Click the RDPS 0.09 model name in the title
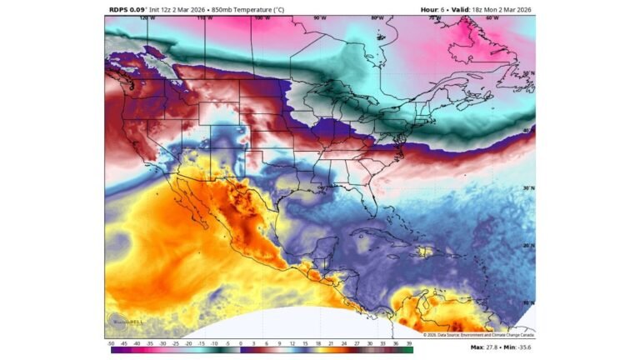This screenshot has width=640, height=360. click(x=127, y=9)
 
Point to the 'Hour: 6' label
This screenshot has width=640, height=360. click(x=434, y=9)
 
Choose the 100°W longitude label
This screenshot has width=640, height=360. click(x=262, y=17)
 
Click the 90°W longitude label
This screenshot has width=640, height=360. click(x=319, y=17)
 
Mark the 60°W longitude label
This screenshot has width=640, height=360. click(x=492, y=17)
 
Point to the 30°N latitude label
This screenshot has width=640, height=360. click(x=527, y=188)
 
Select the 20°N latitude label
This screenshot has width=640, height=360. click(x=527, y=246)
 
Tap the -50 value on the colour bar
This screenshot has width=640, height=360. click(x=111, y=343)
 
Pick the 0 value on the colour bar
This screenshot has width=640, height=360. click(x=240, y=343)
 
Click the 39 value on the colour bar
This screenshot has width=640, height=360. click(x=409, y=343)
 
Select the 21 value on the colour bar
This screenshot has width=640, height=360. click(x=331, y=343)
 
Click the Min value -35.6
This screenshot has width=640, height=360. click(x=522, y=347)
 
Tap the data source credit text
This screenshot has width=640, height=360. click(x=477, y=335)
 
